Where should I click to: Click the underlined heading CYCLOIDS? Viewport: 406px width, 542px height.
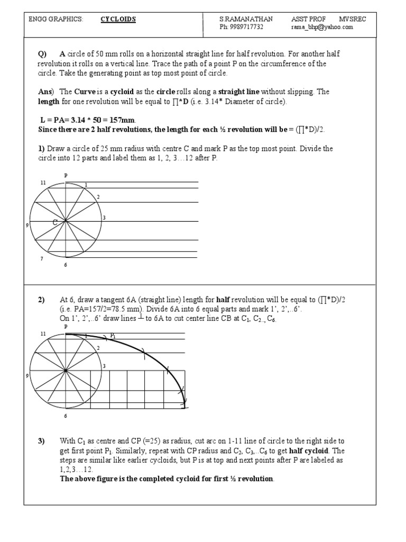(x=118, y=20)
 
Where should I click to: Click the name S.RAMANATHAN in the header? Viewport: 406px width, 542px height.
(x=246, y=20)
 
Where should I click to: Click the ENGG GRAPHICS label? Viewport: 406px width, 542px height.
(x=56, y=20)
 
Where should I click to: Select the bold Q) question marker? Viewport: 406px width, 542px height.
(x=43, y=55)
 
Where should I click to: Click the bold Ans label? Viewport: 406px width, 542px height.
(x=46, y=92)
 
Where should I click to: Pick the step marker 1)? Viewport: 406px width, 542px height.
(x=42, y=149)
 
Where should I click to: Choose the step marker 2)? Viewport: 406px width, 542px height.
(x=42, y=300)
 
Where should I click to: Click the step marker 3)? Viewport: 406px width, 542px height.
(x=42, y=441)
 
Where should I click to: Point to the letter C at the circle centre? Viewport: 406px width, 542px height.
(x=54, y=223)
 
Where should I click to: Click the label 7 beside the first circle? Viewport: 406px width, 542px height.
(x=42, y=259)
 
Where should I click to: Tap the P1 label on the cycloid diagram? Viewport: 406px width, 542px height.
(x=113, y=336)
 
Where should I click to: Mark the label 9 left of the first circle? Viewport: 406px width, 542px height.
(x=27, y=225)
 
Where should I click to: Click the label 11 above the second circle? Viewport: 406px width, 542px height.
(x=43, y=334)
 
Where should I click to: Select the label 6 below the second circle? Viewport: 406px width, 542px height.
(x=66, y=416)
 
